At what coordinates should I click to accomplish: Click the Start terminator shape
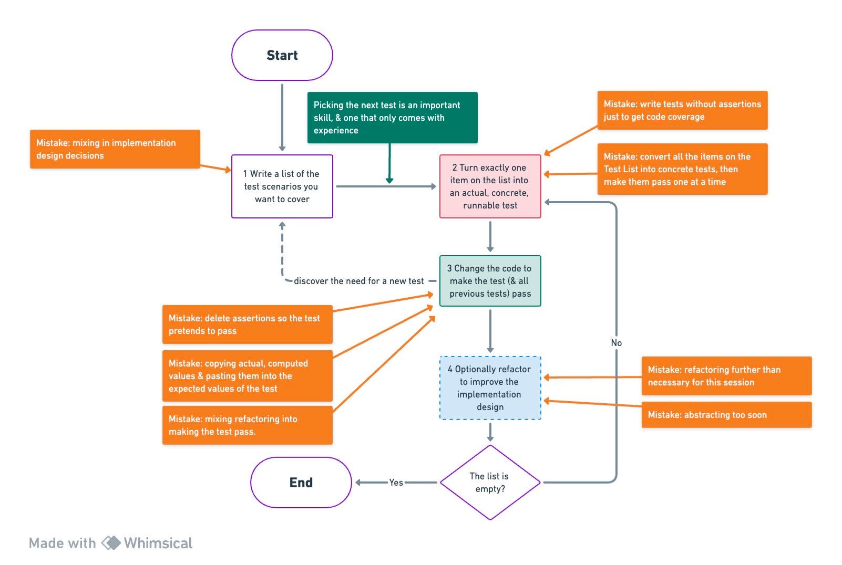pyautogui.click(x=282, y=55)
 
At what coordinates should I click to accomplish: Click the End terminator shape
pyautogui.click(x=301, y=482)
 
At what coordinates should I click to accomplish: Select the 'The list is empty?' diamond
pyautogui.click(x=490, y=482)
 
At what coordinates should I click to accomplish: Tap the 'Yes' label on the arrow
pyautogui.click(x=396, y=482)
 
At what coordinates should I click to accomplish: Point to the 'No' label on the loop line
pyautogui.click(x=616, y=343)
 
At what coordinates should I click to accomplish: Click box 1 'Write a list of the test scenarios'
pyautogui.click(x=282, y=186)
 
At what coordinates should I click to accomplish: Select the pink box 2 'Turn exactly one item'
pyautogui.click(x=490, y=186)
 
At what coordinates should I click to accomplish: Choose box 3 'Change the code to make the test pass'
pyautogui.click(x=490, y=281)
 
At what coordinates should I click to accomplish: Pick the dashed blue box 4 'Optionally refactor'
pyautogui.click(x=490, y=388)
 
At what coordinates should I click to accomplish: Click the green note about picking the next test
pyautogui.click(x=392, y=118)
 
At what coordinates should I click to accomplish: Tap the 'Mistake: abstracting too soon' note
pyautogui.click(x=726, y=415)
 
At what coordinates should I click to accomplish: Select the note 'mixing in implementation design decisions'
pyautogui.click(x=115, y=149)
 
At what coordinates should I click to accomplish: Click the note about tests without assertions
pyautogui.click(x=682, y=110)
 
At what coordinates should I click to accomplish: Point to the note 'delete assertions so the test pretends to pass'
pyautogui.click(x=247, y=325)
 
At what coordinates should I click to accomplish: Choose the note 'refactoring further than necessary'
pyautogui.click(x=726, y=376)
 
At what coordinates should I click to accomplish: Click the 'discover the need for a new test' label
pyautogui.click(x=358, y=281)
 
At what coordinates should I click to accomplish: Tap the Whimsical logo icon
pyautogui.click(x=111, y=543)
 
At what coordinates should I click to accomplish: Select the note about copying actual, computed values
pyautogui.click(x=247, y=376)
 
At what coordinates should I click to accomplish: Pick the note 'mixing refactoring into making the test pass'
pyautogui.click(x=247, y=425)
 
